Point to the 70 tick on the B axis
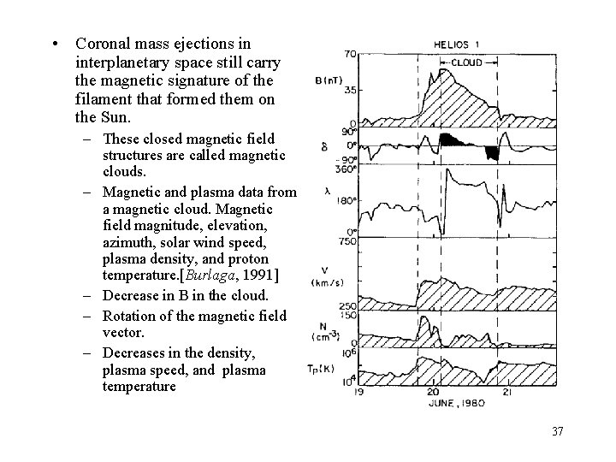tap(350, 54)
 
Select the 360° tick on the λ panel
tap(346, 168)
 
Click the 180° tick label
tap(346, 202)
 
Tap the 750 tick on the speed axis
tap(346, 242)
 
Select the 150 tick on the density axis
tap(347, 316)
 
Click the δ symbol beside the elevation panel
tap(323, 147)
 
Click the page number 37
tap(558, 430)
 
